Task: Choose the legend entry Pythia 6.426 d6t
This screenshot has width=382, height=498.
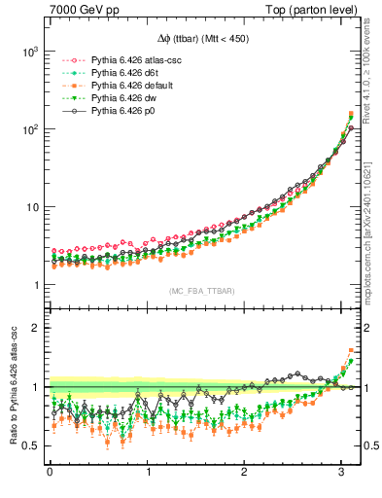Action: pos(117,73)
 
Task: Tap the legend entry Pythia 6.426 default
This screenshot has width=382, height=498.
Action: pos(122,86)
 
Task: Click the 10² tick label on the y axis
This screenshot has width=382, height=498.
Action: pos(27,129)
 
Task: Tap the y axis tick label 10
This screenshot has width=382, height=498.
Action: pos(30,207)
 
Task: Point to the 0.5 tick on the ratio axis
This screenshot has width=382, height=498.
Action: pos(28,446)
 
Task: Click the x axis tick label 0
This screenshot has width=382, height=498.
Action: pos(50,474)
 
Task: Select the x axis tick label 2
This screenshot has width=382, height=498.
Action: pos(245,474)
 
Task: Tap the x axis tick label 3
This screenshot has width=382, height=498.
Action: pos(342,474)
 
